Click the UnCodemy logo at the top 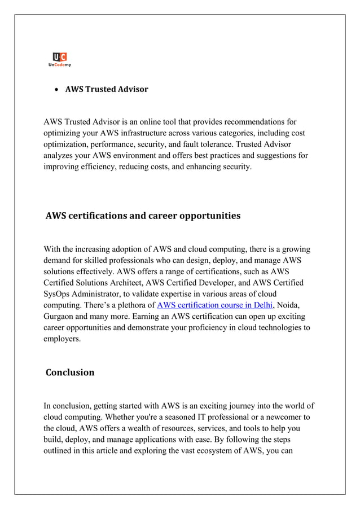coord(59,59)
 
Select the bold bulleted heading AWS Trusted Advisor coord(106,89)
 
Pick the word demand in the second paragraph coord(58,260)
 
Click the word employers coord(62,339)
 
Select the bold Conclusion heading coord(70,372)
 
